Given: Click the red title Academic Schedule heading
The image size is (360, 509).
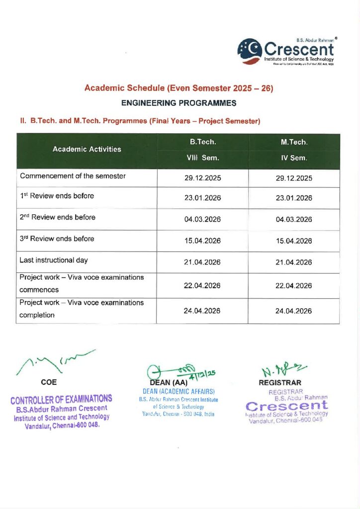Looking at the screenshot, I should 179,88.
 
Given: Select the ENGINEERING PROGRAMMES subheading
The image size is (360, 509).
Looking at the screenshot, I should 179,103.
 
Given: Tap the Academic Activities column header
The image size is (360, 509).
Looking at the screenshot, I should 87,149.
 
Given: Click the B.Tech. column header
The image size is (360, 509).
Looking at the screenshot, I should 203,142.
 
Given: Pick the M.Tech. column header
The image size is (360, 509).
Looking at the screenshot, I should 294,142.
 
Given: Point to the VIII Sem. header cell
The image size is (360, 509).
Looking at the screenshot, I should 203,159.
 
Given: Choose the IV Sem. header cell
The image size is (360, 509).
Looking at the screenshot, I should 294,159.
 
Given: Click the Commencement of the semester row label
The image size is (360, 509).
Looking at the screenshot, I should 73,176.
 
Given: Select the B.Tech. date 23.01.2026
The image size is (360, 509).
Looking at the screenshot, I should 203,198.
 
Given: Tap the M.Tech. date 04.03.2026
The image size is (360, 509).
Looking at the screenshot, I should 294,220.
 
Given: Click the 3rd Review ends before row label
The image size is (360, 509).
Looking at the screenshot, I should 57,239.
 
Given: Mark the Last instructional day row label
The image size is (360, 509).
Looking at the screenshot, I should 54,260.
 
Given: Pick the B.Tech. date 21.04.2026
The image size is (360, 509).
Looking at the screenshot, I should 203,262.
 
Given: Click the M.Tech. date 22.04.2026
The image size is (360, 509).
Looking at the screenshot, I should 294,285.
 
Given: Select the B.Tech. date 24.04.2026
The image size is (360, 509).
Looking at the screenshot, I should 203,311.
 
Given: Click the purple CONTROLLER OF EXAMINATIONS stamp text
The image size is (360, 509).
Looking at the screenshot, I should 61,399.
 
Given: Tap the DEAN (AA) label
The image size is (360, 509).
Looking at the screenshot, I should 171,383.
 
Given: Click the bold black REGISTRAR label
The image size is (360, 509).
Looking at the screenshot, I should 280,383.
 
